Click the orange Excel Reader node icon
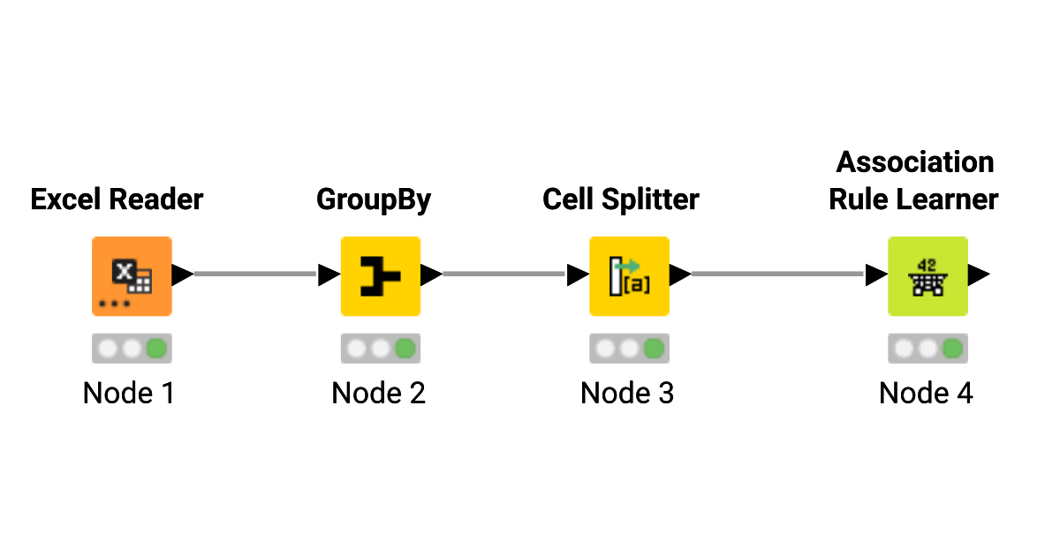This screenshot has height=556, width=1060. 132,275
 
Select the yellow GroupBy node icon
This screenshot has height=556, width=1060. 381,275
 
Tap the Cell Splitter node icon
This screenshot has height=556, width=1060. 629,275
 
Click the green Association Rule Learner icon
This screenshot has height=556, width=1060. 927,275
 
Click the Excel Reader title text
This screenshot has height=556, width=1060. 117,199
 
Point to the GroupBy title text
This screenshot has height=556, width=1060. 374,199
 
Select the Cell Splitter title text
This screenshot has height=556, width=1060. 620,199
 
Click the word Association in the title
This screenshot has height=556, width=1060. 915,162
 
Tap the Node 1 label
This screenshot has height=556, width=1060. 129,393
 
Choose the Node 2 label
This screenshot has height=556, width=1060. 378,393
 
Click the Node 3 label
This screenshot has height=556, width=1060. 627,393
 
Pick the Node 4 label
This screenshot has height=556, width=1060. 926,393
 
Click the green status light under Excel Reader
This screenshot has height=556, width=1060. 157,349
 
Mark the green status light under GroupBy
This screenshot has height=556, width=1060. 405,349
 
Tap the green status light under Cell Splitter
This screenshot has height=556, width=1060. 654,349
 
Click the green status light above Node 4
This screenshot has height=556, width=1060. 952,349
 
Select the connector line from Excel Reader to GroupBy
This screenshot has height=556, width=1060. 254,274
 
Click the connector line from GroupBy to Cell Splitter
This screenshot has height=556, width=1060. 503,274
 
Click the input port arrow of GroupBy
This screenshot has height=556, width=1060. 329,275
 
